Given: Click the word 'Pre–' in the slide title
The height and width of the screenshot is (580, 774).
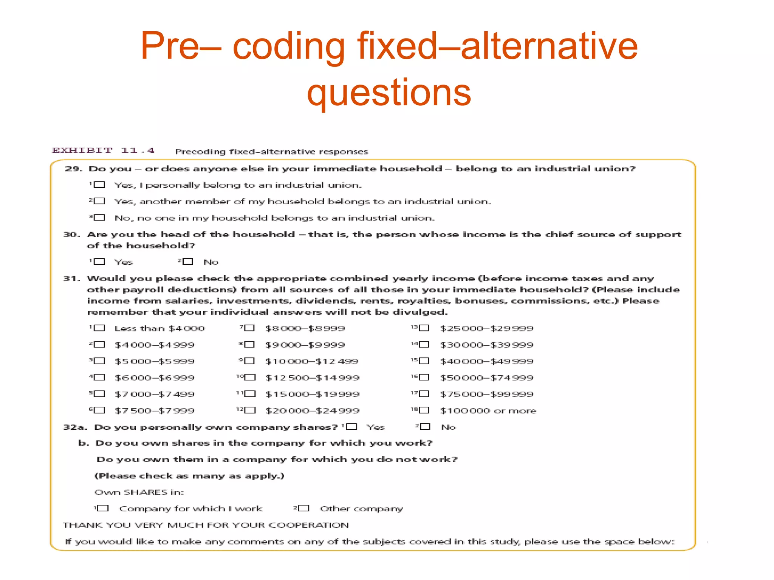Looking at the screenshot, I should pyautogui.click(x=181, y=46).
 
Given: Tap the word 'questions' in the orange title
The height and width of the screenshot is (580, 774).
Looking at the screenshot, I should pyautogui.click(x=389, y=93).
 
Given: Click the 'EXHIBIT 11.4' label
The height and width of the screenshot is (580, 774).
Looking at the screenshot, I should pyautogui.click(x=103, y=151).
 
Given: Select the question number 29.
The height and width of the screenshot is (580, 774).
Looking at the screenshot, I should pyautogui.click(x=73, y=169).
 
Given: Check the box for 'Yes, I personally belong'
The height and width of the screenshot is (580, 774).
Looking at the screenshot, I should pyautogui.click(x=99, y=185).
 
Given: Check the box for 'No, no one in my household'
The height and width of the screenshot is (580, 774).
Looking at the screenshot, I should pyautogui.click(x=99, y=217).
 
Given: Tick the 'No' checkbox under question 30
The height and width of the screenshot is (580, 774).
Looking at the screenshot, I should pyautogui.click(x=188, y=261).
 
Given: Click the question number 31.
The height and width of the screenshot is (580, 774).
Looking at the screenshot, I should pyautogui.click(x=72, y=279).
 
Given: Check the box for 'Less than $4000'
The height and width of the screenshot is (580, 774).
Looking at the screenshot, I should pyautogui.click(x=99, y=328).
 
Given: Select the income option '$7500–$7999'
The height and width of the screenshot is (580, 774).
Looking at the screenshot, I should pyautogui.click(x=155, y=410).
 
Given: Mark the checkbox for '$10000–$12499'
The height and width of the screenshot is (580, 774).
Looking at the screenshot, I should pyautogui.click(x=249, y=361).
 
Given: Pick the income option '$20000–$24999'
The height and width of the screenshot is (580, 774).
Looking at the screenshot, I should pyautogui.click(x=312, y=410).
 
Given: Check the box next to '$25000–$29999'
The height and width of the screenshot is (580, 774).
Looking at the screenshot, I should pyautogui.click(x=424, y=328).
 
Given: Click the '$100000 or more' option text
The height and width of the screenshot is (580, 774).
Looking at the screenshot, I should pyautogui.click(x=488, y=410).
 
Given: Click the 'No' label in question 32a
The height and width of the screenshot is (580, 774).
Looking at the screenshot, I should pyautogui.click(x=448, y=427).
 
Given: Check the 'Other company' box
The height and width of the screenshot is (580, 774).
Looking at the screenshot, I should pyautogui.click(x=303, y=508).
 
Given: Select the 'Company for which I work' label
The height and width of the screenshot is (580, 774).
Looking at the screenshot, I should pyautogui.click(x=190, y=509).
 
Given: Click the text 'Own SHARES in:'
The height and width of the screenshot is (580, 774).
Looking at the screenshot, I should pyautogui.click(x=139, y=492).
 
